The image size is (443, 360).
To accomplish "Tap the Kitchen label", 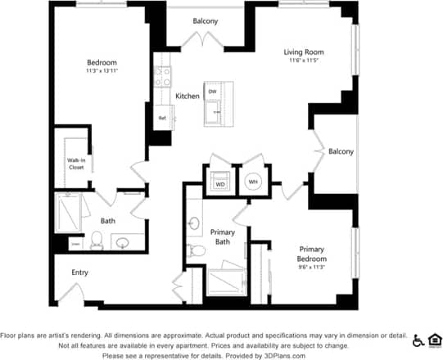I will pos(188,97).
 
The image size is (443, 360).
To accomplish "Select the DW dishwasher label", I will pos(211,91).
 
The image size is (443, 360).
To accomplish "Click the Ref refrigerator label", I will pos(161,118).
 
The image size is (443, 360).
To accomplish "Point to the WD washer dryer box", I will pos(219,183).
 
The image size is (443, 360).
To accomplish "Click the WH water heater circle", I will pos(253,182).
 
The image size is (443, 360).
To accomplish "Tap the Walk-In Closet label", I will pos(76,164).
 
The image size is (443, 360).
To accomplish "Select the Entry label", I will pos(79,272).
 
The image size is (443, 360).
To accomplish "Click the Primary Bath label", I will pos(223,236).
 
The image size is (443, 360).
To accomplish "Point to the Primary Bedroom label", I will pos(312,254).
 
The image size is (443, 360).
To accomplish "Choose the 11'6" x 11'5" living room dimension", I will pos(303,61).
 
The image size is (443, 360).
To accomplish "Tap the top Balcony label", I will pos(206,20).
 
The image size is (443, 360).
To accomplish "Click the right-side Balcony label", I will pos(341,151).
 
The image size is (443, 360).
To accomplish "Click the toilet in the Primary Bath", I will pos(194,250).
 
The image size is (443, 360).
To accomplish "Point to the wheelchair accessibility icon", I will pos(418,340).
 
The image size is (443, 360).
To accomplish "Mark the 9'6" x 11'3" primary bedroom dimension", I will pos(312,268).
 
